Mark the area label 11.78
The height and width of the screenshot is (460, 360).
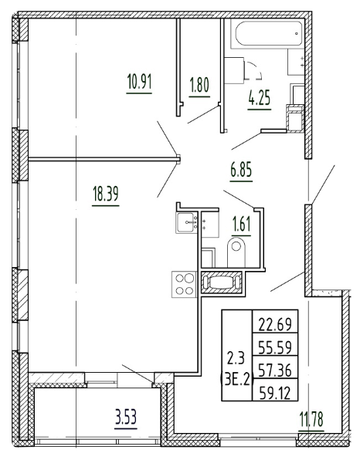point(313,421)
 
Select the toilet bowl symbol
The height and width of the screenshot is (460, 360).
point(237,251)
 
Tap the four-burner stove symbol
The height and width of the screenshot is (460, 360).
point(185,284)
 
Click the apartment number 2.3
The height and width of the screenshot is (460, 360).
point(236,357)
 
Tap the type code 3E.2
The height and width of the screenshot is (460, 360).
point(236,379)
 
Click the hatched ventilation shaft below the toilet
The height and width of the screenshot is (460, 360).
point(222,282)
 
